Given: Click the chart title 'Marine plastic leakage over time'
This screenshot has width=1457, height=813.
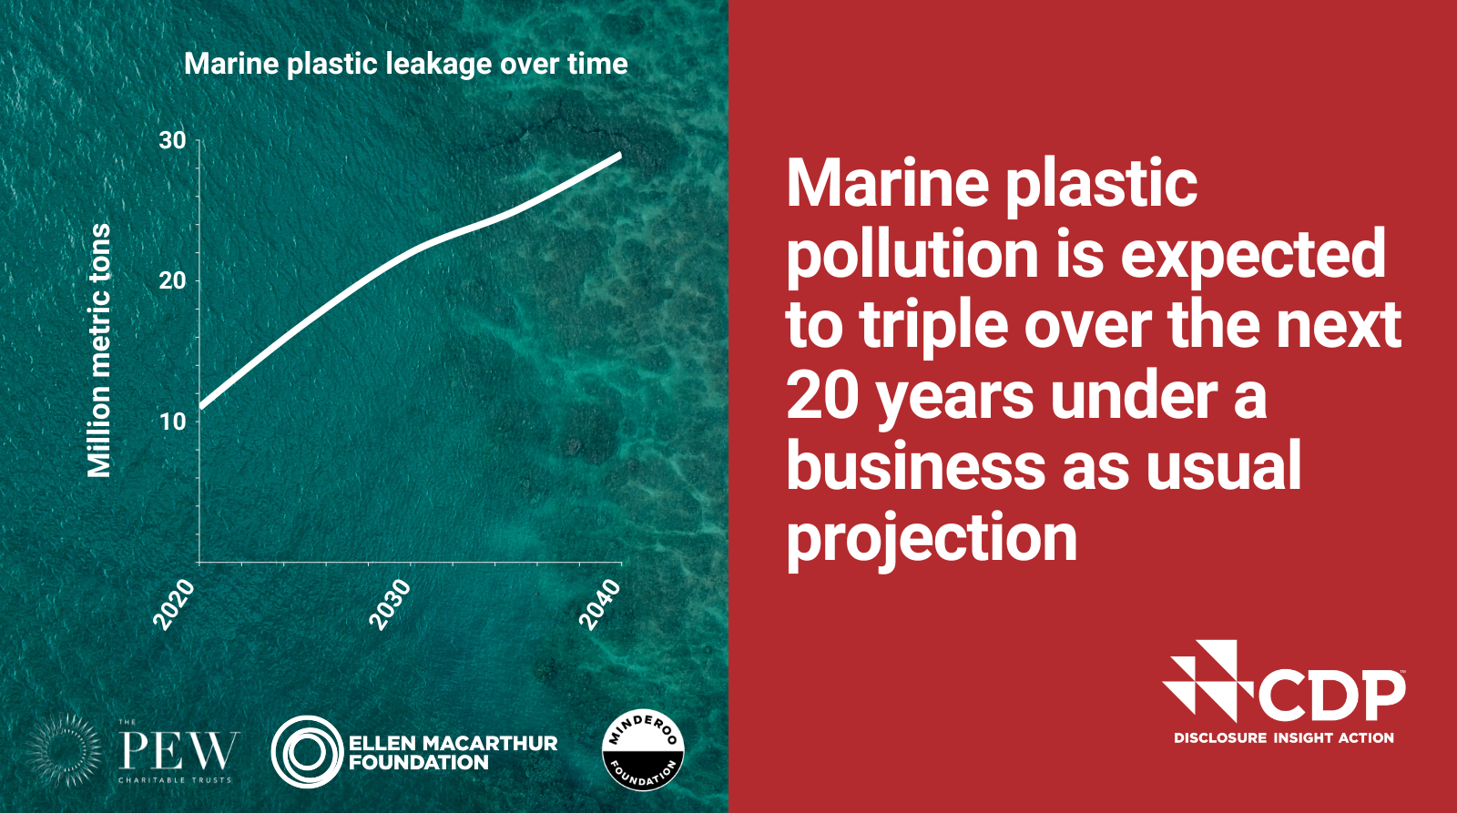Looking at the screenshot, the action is click(406, 65).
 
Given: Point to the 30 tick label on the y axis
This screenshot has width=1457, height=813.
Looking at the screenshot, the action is click(172, 140).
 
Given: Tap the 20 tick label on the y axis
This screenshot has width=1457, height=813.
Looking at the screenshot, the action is click(172, 281).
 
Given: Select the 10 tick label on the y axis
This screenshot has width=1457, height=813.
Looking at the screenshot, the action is click(172, 422).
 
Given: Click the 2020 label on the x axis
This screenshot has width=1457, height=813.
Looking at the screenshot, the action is click(174, 605).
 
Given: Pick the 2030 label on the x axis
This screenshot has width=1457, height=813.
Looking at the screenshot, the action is click(391, 605).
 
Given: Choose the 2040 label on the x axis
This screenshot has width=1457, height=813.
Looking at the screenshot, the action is click(600, 605).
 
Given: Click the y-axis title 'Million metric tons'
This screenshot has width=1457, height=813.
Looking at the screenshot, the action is click(99, 351).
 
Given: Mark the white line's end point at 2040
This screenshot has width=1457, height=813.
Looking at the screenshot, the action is click(620, 155).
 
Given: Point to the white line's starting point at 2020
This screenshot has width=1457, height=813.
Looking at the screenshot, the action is click(201, 407).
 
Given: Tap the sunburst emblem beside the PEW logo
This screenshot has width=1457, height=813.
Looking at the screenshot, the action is click(65, 750).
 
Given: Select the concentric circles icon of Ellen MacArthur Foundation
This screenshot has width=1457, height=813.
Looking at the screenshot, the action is click(307, 752).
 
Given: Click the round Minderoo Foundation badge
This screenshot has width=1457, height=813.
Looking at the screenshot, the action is click(643, 750).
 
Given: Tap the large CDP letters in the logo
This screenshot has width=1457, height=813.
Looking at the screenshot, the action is click(1331, 696).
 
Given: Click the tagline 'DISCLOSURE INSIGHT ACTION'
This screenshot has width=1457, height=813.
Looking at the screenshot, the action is click(1284, 738).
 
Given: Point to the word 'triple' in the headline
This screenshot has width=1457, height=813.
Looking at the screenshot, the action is click(933, 327).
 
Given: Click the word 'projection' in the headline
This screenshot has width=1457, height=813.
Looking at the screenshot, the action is click(932, 539).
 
